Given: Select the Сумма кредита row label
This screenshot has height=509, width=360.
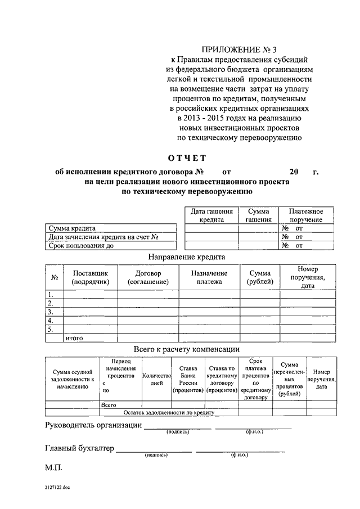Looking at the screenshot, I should [x=72, y=229].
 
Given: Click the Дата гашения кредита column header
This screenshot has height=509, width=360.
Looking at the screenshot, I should [x=211, y=215].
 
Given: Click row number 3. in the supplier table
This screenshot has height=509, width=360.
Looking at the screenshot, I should [x=51, y=312].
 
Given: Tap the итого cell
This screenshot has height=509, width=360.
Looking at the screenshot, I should [x=75, y=338].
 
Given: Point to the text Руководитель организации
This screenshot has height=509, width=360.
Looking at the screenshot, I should [x=93, y=425].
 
